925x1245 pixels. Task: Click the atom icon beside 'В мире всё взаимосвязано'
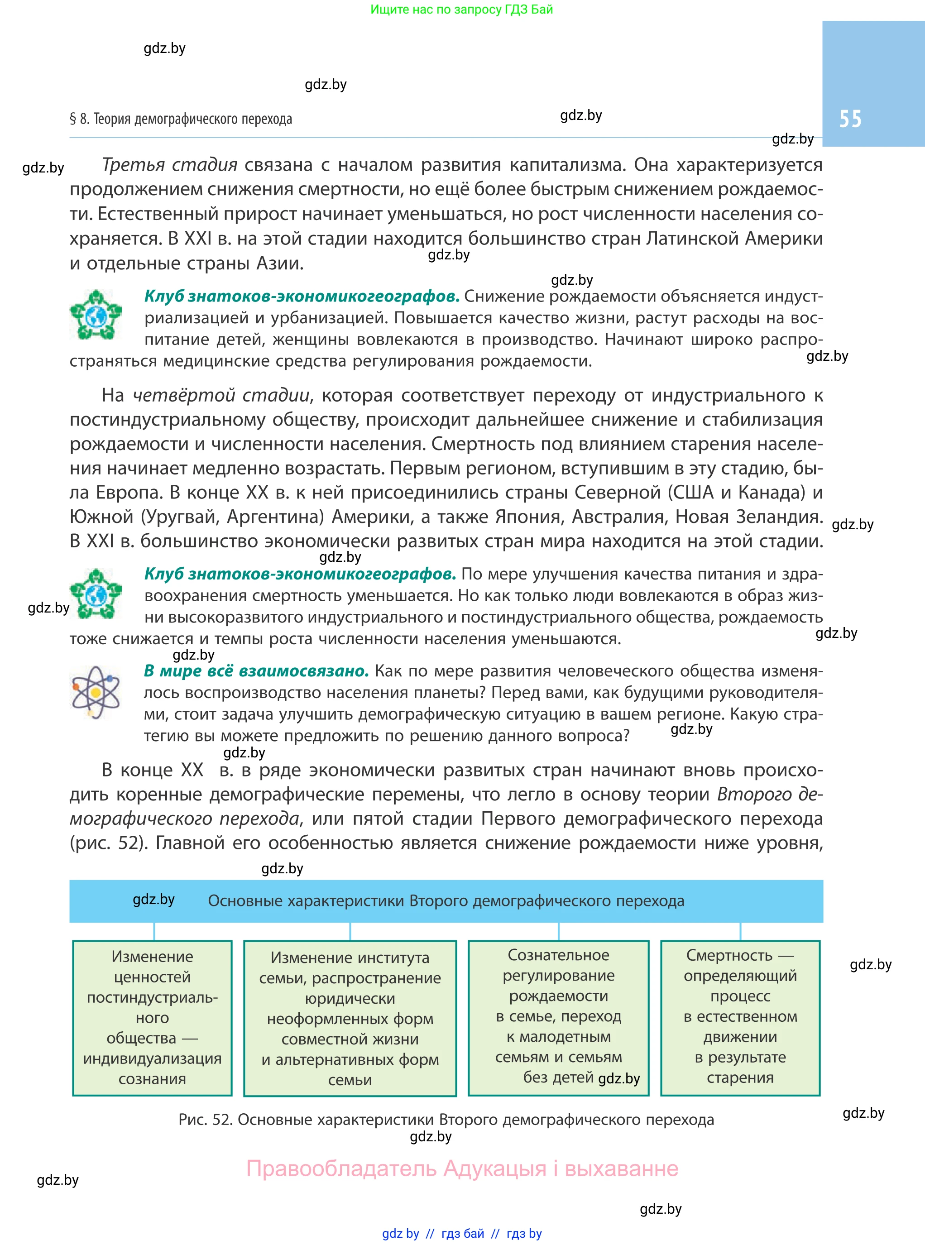coord(95,693)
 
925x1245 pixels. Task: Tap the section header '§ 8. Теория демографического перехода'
coord(180,119)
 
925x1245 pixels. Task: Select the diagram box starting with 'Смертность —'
coord(740,1017)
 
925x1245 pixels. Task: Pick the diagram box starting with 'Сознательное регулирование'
coord(558,1017)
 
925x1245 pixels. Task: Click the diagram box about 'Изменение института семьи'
coord(350,1018)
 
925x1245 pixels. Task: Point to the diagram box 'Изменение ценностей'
coord(152,1017)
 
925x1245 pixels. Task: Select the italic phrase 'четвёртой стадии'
coord(220,395)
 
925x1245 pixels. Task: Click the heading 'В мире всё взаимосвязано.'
coord(256,670)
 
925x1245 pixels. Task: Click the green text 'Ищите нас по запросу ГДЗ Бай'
coord(461,10)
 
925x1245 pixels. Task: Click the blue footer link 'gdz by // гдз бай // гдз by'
coord(462,1234)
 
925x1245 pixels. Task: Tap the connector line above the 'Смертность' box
coord(740,932)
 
